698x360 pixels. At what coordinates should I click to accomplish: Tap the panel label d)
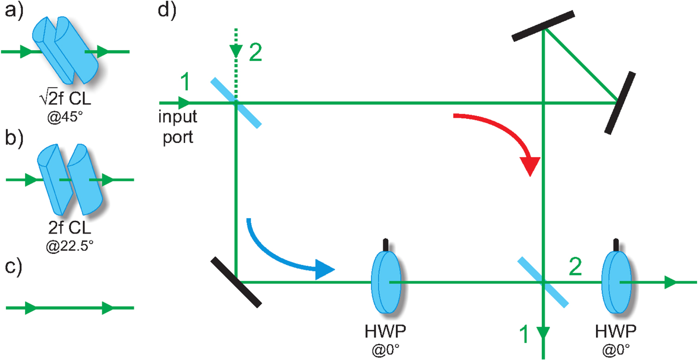pos(166,10)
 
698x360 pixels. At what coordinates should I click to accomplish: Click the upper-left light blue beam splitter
pos(236,102)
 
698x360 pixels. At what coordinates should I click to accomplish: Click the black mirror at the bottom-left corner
pos(236,282)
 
